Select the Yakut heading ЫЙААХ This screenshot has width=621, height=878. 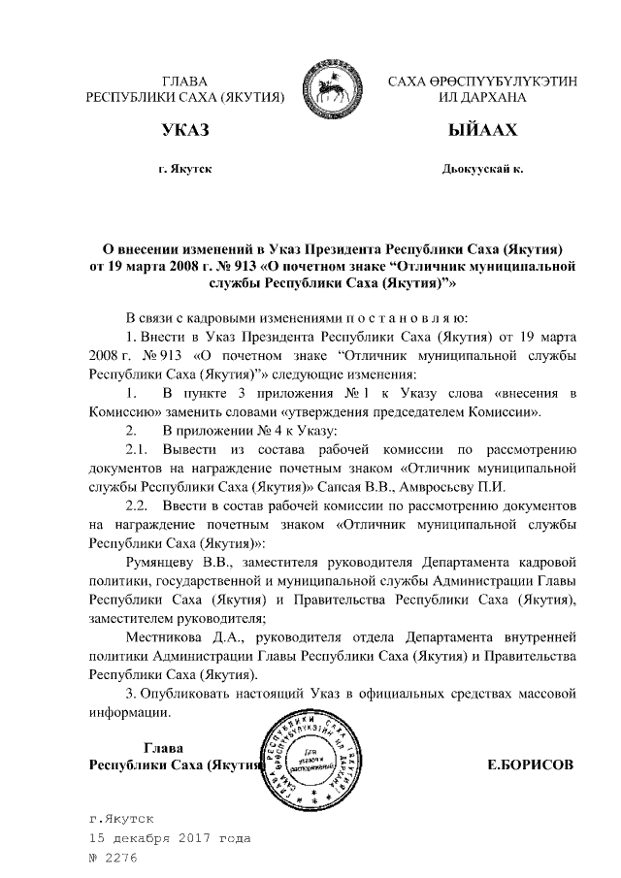[x=482, y=129]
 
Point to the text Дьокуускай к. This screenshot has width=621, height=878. [x=482, y=169]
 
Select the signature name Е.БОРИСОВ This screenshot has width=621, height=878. [x=530, y=764]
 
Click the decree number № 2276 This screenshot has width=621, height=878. [x=114, y=858]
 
